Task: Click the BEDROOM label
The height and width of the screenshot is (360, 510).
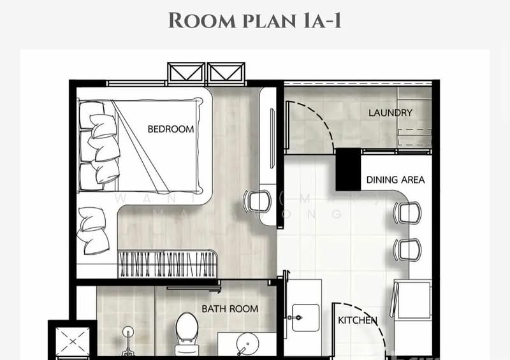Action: coord(170,129)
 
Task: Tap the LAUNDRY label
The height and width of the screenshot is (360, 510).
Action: coord(390,113)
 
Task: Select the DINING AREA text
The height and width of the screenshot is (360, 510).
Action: coord(395,180)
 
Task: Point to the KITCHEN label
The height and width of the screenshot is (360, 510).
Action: coord(357,320)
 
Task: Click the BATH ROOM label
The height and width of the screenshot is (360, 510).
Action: coord(229,309)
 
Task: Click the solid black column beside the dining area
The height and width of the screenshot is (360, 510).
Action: coord(348,169)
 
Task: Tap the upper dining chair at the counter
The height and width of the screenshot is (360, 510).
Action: coord(407,212)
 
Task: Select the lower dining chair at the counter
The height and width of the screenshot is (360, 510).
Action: coord(407,249)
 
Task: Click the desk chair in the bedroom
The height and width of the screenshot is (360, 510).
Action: coord(256,201)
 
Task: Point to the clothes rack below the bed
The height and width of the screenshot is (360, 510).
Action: coord(167,263)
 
